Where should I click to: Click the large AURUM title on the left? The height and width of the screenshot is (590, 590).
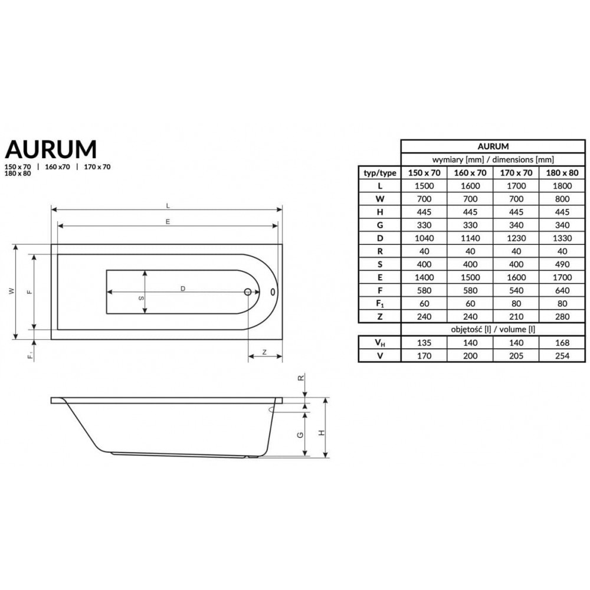coord(51,149)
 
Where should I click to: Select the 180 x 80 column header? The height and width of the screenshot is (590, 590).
coord(562,173)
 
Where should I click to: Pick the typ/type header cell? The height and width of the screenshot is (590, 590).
coord(379,173)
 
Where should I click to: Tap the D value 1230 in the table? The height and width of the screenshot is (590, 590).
coord(516,238)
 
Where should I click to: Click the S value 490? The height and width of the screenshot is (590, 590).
coord(562,264)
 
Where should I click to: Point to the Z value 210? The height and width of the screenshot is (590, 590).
coord(516,317)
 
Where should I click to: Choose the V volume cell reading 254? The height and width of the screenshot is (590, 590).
coord(562,356)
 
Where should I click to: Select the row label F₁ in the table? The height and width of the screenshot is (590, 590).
coord(380,304)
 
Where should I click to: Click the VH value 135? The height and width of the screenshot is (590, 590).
coord(424,343)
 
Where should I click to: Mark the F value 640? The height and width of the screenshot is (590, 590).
coord(562,290)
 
